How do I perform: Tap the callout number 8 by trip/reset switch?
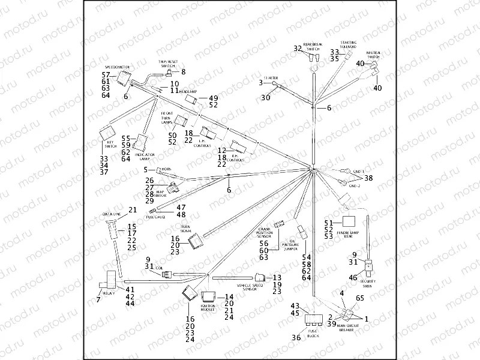pyautogui.click(x=184, y=72)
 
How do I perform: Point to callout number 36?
pyautogui.click(x=296, y=338)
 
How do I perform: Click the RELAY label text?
pyautogui.click(x=109, y=293)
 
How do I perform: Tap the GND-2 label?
pyautogui.click(x=353, y=185)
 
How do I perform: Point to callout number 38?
pyautogui.click(x=369, y=178)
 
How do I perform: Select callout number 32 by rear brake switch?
pyautogui.click(x=298, y=48)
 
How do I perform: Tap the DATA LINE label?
pyautogui.click(x=112, y=214)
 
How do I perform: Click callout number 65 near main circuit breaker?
pyautogui.click(x=359, y=298)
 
